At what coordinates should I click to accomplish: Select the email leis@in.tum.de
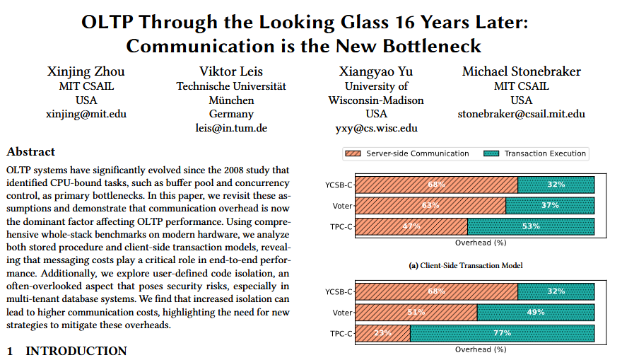(x=231, y=128)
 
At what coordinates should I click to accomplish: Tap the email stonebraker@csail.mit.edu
(x=521, y=114)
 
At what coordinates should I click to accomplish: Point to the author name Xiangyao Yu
(x=376, y=71)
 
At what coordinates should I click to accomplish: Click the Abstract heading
(x=30, y=151)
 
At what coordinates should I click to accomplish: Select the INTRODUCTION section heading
(x=76, y=351)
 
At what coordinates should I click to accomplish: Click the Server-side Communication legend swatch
(x=353, y=153)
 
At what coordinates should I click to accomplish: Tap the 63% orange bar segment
(x=430, y=206)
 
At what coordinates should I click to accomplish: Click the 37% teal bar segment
(x=550, y=206)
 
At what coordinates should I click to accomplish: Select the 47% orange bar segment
(x=411, y=226)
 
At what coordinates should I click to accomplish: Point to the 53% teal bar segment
(x=531, y=226)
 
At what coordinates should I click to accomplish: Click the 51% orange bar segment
(x=416, y=312)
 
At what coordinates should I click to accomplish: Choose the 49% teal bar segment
(x=536, y=312)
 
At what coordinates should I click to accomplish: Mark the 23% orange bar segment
(x=382, y=333)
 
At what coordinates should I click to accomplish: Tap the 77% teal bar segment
(x=502, y=333)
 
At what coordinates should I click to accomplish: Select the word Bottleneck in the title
(x=432, y=47)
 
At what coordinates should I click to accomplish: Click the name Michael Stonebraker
(x=521, y=71)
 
